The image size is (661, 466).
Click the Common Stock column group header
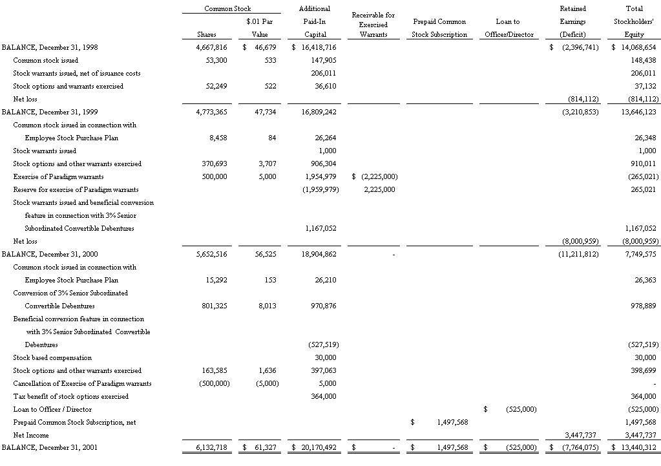click(227, 8)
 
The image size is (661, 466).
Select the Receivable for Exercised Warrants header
click(373, 25)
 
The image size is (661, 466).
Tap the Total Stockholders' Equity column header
click(635, 21)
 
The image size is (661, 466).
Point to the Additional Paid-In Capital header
click(315, 21)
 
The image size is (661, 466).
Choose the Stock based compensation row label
click(52, 357)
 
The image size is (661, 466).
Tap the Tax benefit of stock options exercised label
click(70, 396)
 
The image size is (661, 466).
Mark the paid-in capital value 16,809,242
click(317, 112)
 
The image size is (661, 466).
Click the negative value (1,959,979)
click(320, 189)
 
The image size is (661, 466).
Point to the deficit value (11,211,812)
click(578, 254)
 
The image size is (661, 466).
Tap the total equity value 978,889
click(642, 306)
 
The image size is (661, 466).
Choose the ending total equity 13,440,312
click(636, 448)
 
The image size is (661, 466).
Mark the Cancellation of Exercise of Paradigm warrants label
click(83, 383)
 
